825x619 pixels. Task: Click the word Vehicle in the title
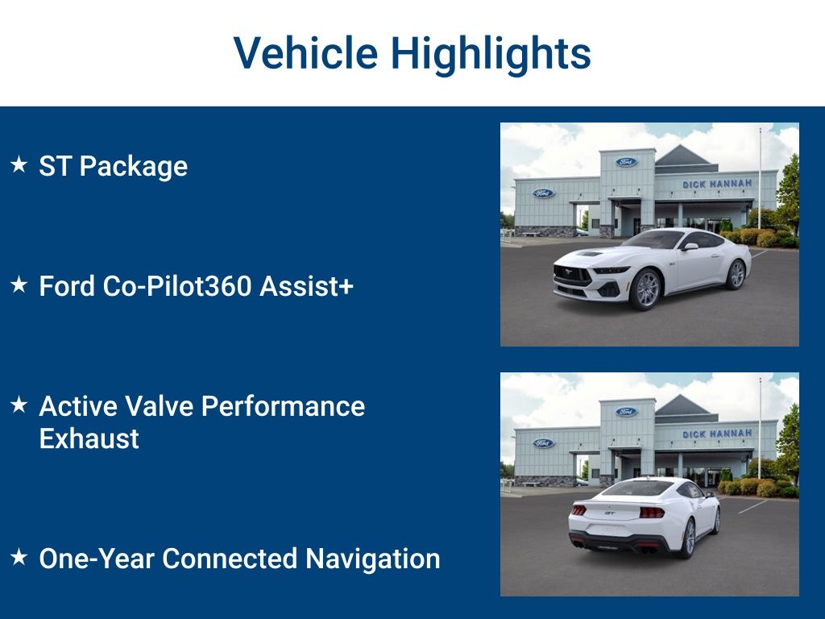point(305,53)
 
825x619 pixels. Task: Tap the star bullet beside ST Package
point(19,164)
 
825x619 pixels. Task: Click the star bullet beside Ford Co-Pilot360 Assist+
point(19,285)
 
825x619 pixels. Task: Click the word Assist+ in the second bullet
point(306,286)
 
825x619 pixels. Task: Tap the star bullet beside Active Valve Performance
point(19,405)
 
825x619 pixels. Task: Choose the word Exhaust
point(89,439)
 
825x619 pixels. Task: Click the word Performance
point(283,406)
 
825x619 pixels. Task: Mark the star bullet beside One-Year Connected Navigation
point(19,556)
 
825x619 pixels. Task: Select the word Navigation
point(372,559)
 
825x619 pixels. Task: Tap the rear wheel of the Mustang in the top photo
point(736,274)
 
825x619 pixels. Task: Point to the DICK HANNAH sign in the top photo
point(716,184)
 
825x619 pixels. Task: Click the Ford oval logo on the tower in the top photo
point(626,161)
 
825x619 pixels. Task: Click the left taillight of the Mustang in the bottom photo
point(578,509)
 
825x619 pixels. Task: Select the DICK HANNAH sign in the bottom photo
point(716,434)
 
